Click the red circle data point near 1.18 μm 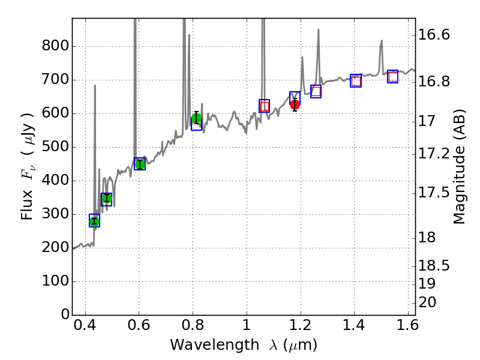click(x=295, y=104)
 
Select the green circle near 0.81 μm click(x=196, y=118)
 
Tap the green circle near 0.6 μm click(x=140, y=164)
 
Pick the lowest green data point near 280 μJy click(x=94, y=221)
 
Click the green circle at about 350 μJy click(x=107, y=199)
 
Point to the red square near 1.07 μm click(x=264, y=106)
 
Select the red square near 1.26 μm click(x=316, y=91)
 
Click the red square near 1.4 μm click(x=356, y=81)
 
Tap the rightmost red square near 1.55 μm click(x=393, y=77)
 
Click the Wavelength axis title click(x=244, y=345)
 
